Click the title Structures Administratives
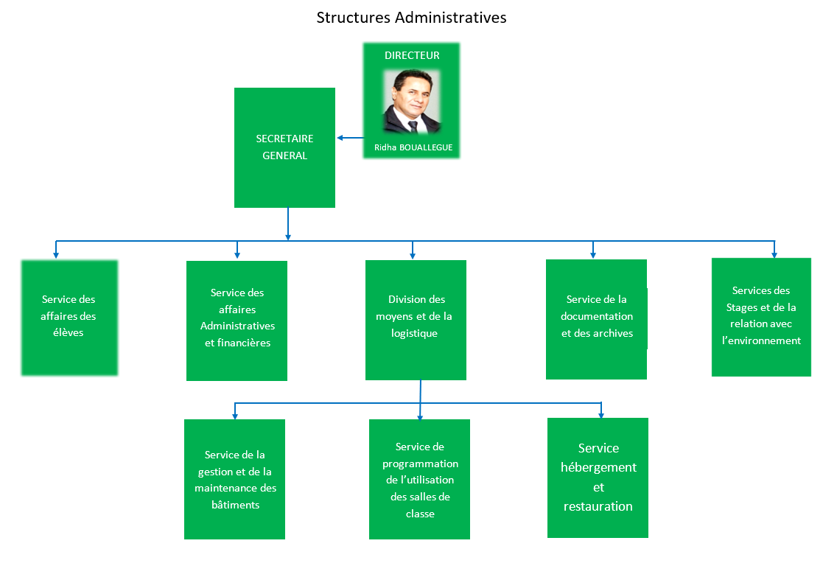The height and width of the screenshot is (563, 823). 411,18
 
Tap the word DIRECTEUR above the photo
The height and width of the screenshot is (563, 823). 412,55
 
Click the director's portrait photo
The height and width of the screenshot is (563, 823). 412,101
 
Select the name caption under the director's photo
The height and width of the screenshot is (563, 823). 413,147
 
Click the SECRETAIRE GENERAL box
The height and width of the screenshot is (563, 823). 284,147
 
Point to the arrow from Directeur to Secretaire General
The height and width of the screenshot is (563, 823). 350,138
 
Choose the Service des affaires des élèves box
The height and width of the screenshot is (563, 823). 69,318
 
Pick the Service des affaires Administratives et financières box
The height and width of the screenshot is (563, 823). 237,321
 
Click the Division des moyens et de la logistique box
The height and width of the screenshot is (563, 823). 416,320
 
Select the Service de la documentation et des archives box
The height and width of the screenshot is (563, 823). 596,319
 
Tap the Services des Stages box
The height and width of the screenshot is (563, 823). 761,317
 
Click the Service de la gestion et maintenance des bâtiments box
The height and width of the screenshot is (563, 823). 234,479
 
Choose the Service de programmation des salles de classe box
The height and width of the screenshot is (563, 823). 419,479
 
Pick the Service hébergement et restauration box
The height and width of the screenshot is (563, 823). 598,478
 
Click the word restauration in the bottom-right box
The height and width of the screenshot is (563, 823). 598,506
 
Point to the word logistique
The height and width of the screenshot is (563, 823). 414,334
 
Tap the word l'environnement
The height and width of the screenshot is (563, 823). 762,340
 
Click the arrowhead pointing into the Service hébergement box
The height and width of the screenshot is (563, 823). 601,416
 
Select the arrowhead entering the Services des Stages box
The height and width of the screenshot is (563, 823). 774,255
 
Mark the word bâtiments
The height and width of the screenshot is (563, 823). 236,505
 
